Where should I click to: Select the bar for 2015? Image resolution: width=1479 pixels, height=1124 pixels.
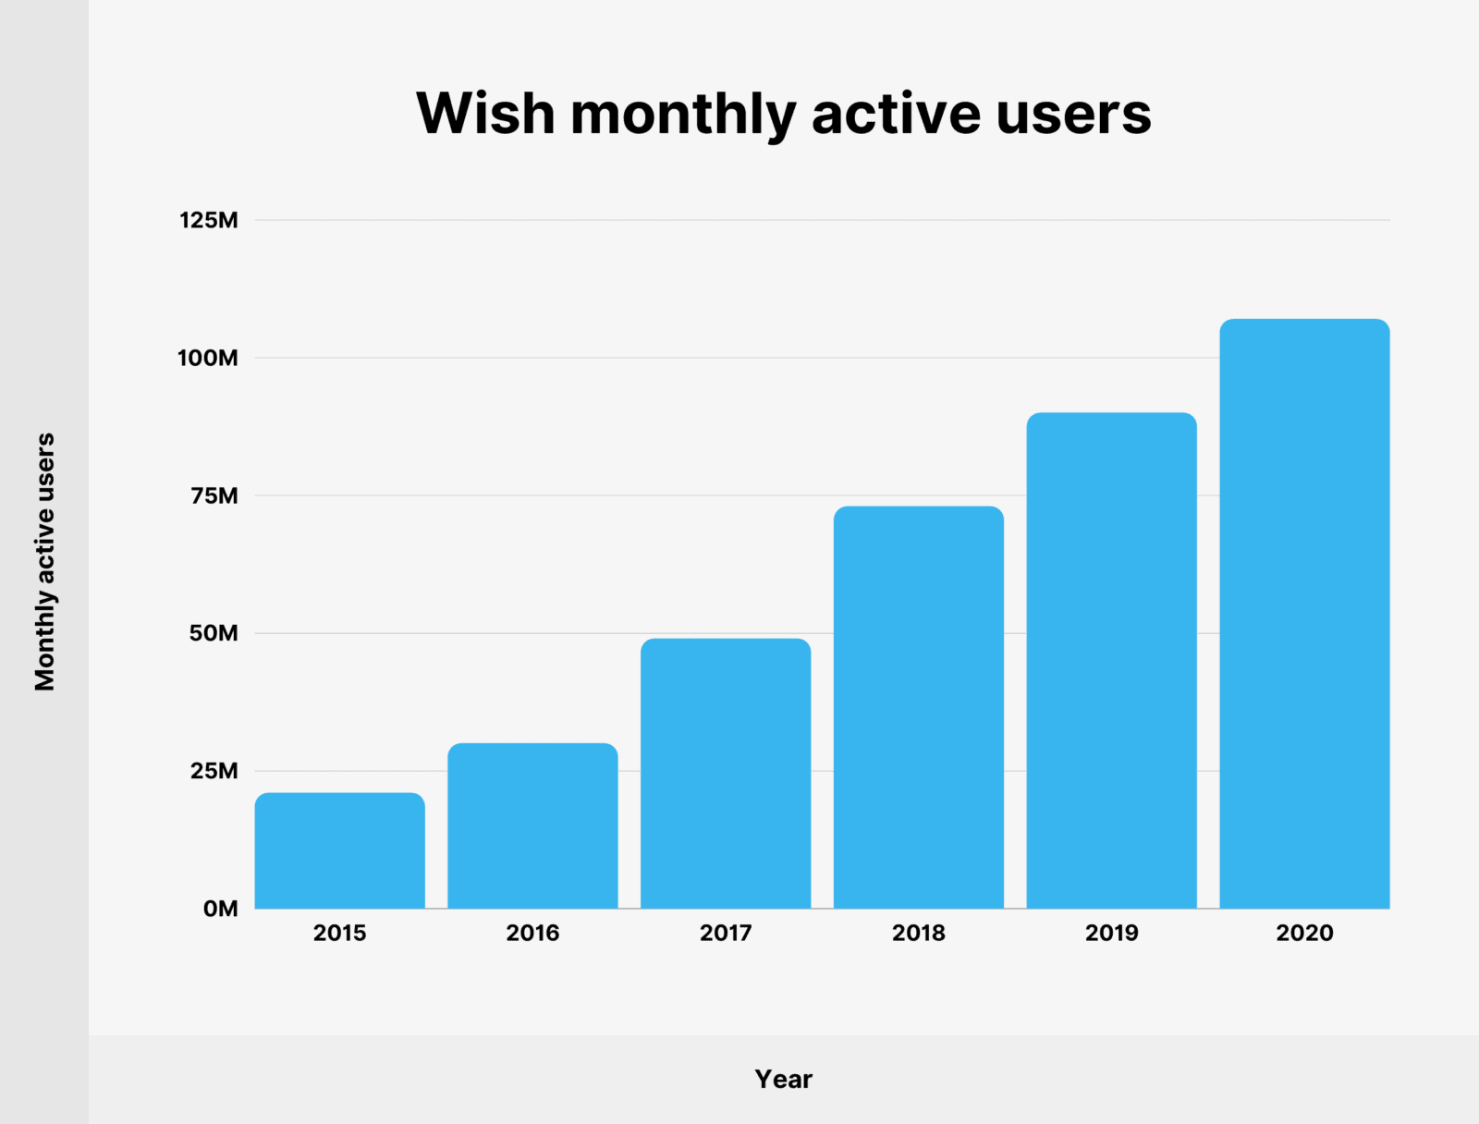pos(339,850)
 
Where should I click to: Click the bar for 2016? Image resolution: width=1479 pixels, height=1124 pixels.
pos(532,825)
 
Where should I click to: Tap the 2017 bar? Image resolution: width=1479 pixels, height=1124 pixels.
pos(726,773)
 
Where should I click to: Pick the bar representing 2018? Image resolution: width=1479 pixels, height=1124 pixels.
pos(918,707)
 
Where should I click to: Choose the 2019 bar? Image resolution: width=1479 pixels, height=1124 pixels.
pos(1111,660)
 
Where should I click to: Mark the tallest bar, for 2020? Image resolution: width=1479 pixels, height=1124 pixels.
pos(1304,614)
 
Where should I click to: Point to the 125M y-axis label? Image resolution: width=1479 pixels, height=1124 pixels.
pos(209,220)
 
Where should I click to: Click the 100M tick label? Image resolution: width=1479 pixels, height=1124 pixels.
pos(208,358)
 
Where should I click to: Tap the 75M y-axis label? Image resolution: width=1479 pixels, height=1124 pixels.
pos(214,495)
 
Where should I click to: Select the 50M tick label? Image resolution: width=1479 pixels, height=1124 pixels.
pos(214,633)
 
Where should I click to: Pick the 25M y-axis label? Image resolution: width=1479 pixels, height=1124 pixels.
pos(214,771)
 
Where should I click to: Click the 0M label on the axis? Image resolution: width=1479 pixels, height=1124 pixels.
pos(220,909)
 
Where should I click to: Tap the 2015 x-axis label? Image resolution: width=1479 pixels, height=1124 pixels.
pos(339,933)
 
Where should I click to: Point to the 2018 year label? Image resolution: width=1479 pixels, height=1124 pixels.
pos(918,933)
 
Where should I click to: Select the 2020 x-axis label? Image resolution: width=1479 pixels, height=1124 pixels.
pos(1304,933)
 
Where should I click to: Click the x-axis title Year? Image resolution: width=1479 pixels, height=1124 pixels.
pos(783,1079)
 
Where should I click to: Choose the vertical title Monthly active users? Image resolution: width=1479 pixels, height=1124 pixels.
pos(44,562)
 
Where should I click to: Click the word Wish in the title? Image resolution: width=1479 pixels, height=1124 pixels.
pos(485,114)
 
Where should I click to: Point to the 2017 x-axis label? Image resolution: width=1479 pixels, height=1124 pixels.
pos(726,933)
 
